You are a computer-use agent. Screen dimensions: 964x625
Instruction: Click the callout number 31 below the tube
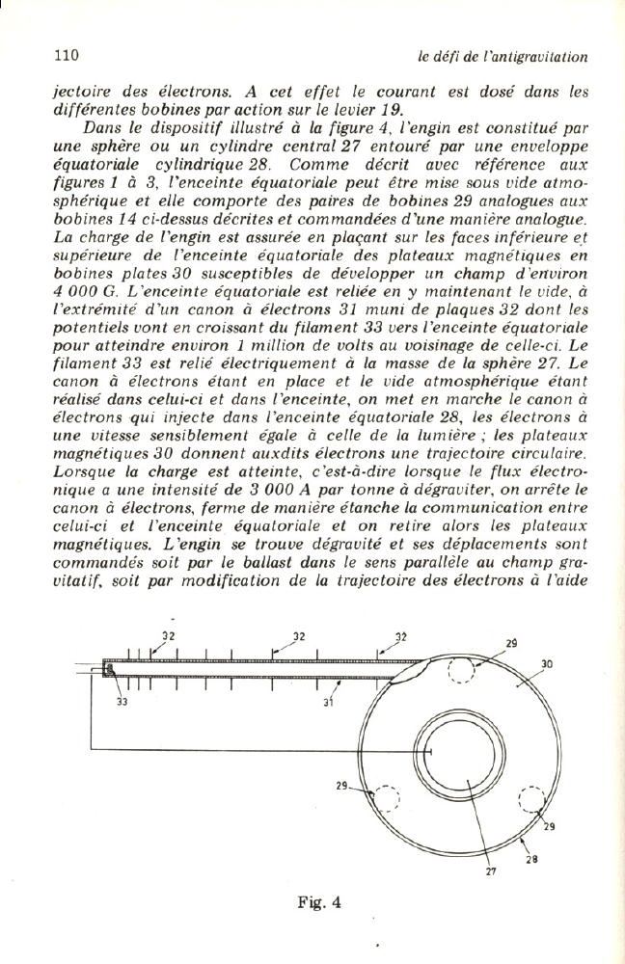(x=329, y=703)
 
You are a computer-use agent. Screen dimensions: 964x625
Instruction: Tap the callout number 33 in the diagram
(x=122, y=703)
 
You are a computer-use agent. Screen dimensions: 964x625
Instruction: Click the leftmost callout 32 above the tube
(x=168, y=636)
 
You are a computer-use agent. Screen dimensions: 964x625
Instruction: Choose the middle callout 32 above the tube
(x=299, y=636)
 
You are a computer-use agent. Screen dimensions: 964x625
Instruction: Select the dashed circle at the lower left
(x=388, y=799)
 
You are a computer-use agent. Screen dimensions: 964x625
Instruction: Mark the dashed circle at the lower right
(x=531, y=801)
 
